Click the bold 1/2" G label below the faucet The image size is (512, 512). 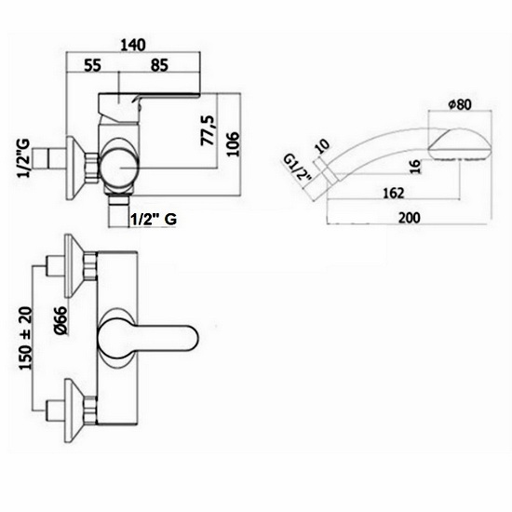[x=155, y=220]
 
